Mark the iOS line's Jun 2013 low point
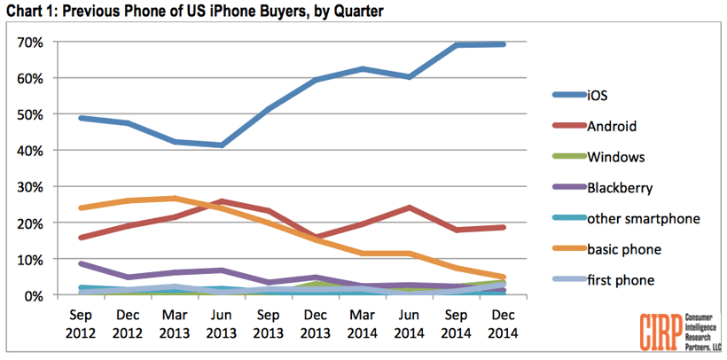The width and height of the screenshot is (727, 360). pos(221,145)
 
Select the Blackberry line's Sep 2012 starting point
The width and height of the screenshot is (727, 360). pos(82,263)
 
